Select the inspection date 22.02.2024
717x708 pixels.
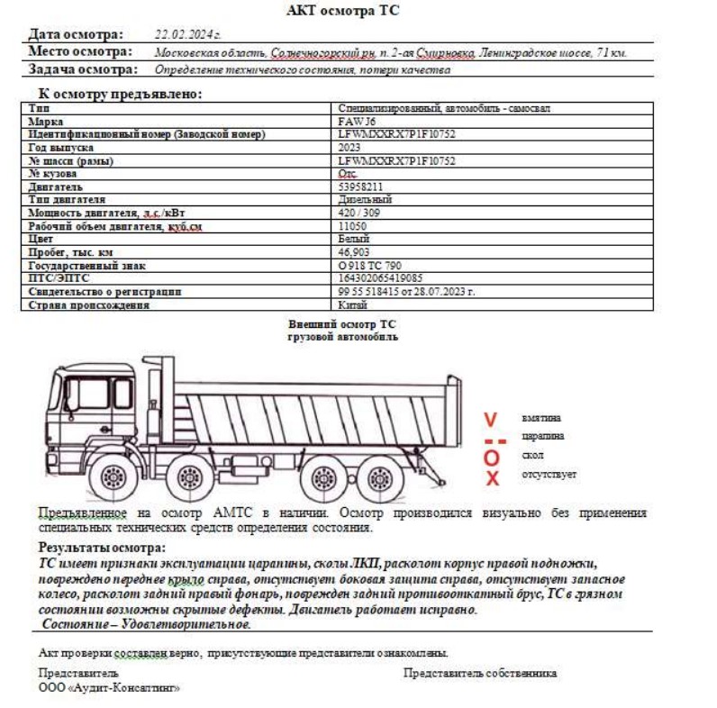pos(187,34)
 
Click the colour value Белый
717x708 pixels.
pos(352,240)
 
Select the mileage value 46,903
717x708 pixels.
pos(354,253)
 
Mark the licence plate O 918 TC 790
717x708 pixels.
pos(369,267)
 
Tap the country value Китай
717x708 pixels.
pos(352,305)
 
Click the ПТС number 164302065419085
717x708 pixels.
pos(380,279)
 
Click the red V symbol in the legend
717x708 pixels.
pos(490,419)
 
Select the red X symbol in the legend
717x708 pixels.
pos(492,478)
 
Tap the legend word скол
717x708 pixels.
pos(532,456)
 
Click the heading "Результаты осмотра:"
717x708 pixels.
pos(102,548)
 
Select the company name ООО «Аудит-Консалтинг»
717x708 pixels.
pos(109,687)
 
